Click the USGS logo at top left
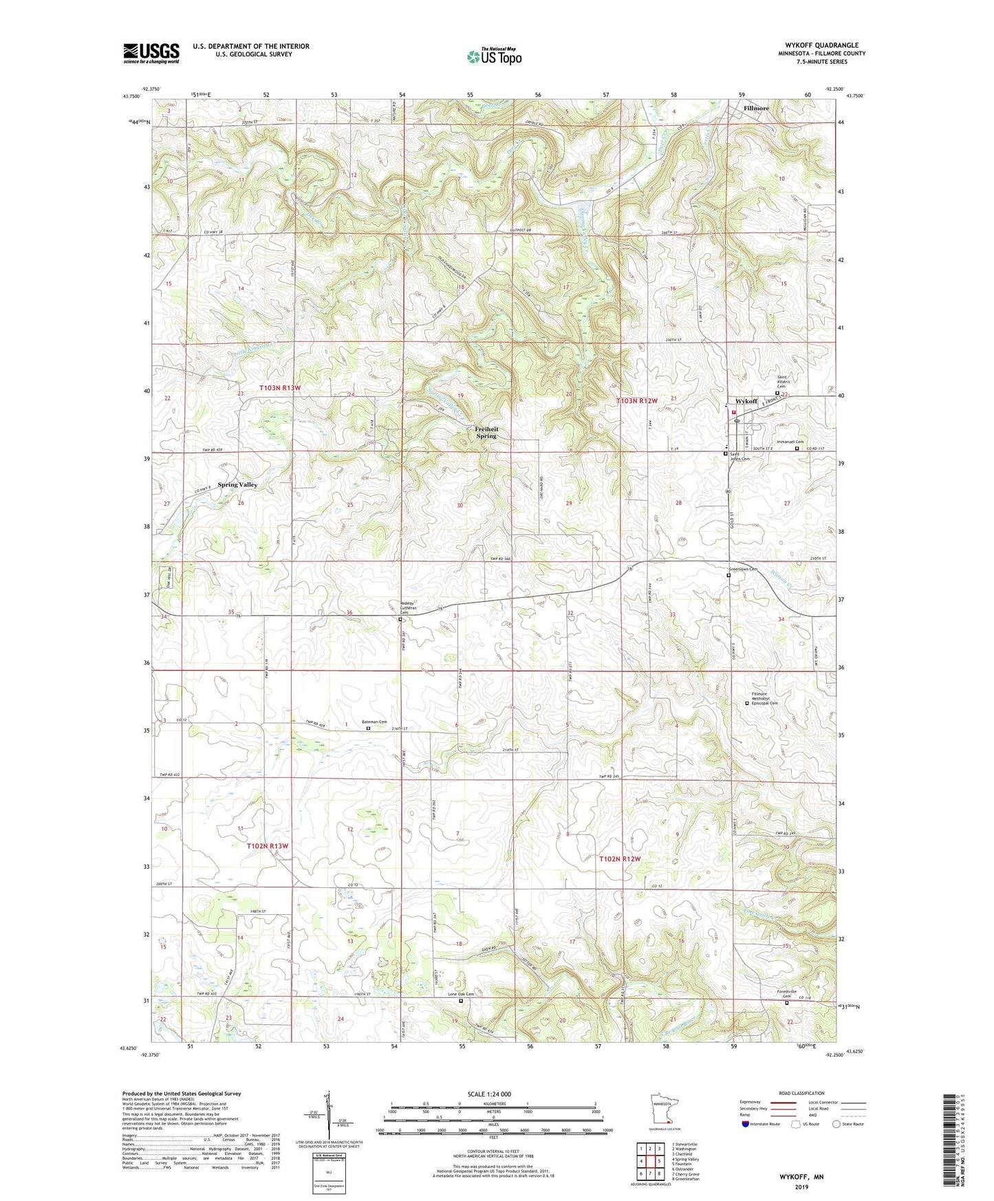tap(151, 52)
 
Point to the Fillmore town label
tap(756, 108)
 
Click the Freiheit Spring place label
tap(486, 432)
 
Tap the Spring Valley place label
tap(237, 484)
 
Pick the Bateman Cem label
tap(374, 722)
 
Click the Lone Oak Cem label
tap(461, 994)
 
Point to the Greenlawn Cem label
tap(743, 570)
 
